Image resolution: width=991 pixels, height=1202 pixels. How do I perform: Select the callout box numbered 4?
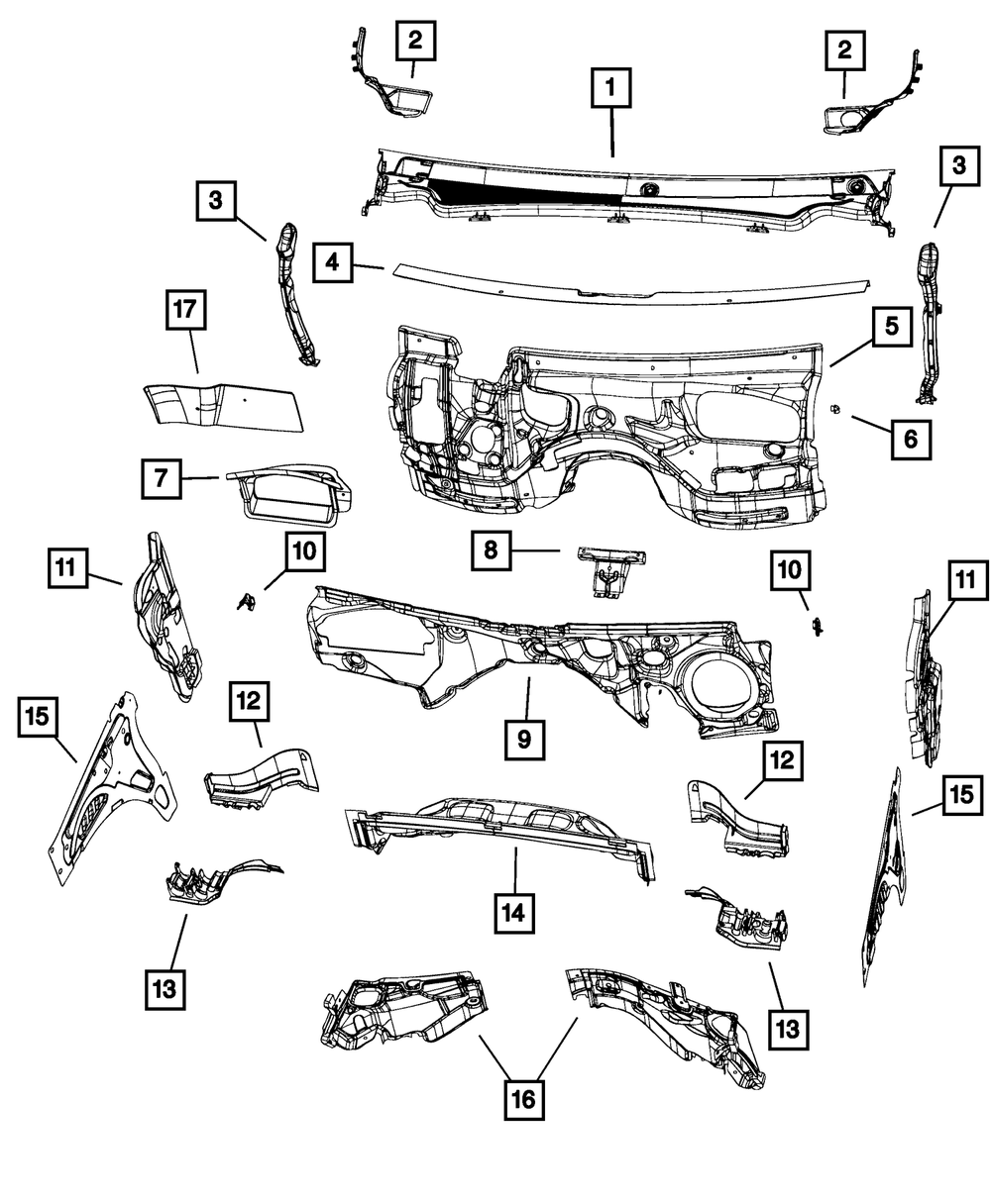click(333, 264)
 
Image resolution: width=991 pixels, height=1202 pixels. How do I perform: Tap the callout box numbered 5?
click(892, 327)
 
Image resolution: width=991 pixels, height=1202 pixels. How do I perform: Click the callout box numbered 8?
click(492, 551)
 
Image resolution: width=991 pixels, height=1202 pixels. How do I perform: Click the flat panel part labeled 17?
click(223, 407)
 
